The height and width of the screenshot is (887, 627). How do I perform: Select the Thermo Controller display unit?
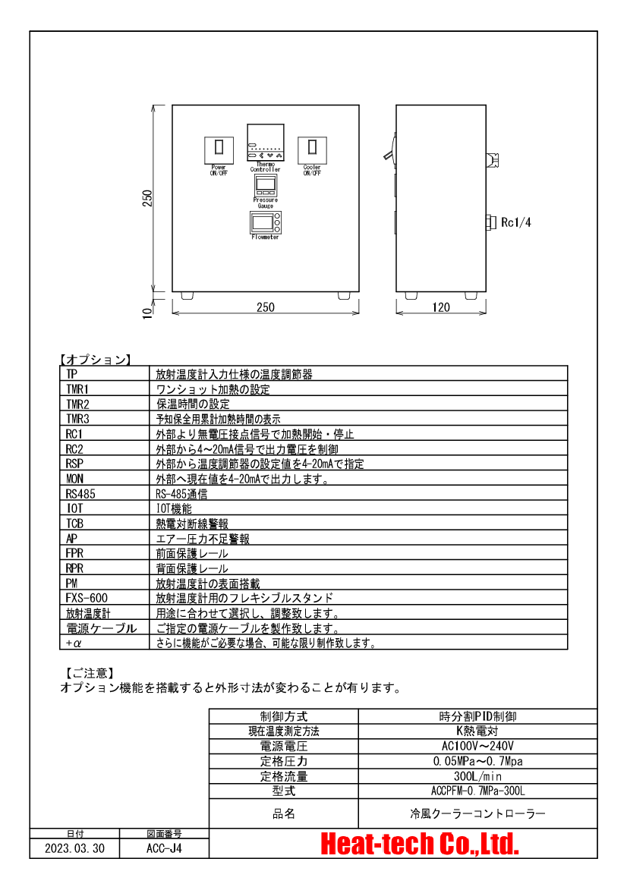click(265, 143)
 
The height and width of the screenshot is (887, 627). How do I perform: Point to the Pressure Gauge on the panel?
click(265, 185)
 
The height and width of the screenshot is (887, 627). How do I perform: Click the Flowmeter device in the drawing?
click(265, 223)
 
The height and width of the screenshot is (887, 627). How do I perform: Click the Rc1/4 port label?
click(516, 222)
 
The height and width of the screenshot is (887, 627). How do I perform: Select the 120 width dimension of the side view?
click(441, 307)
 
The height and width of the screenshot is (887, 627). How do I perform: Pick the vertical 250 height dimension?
click(148, 198)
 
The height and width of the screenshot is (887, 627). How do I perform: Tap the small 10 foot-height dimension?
click(148, 313)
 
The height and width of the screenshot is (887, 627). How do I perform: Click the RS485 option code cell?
click(80, 494)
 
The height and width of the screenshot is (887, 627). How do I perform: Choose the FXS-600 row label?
click(87, 598)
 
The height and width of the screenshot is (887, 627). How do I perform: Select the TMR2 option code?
click(77, 404)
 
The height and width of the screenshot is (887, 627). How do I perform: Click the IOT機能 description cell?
click(174, 508)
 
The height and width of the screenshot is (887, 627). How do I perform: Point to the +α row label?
click(74, 643)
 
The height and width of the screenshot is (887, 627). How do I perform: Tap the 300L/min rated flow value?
click(477, 776)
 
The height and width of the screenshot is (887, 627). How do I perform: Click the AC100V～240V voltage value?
click(477, 746)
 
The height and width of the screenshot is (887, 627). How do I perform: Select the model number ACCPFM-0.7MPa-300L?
click(477, 791)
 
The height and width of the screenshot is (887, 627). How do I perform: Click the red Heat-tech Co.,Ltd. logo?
click(419, 844)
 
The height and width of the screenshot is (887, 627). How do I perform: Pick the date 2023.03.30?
click(74, 848)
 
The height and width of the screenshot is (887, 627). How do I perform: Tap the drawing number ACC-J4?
click(164, 848)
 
